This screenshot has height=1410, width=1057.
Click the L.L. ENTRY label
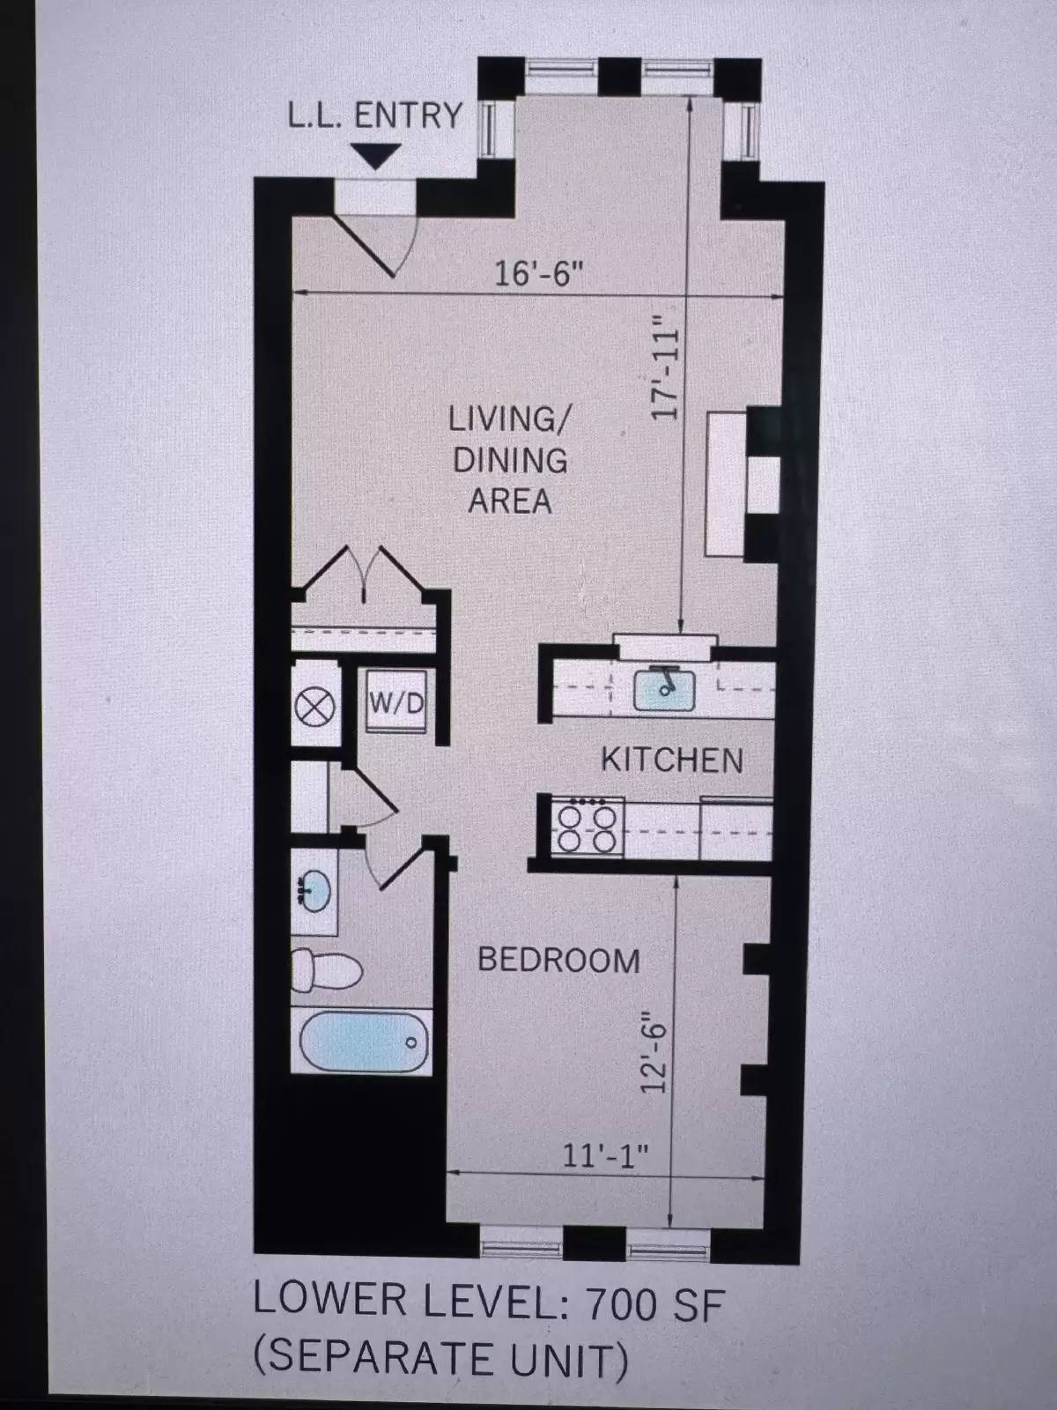click(x=375, y=115)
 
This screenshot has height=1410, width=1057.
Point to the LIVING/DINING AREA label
click(x=509, y=459)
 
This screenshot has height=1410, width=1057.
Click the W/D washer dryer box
click(x=396, y=704)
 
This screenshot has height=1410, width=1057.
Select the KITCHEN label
click(x=671, y=760)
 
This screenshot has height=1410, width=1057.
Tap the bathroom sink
click(x=314, y=891)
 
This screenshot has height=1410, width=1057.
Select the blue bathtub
click(x=364, y=1043)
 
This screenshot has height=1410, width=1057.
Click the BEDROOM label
click(x=558, y=960)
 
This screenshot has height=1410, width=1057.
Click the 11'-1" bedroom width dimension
click(x=605, y=1154)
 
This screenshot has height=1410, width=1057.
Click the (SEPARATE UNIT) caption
click(x=441, y=1359)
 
